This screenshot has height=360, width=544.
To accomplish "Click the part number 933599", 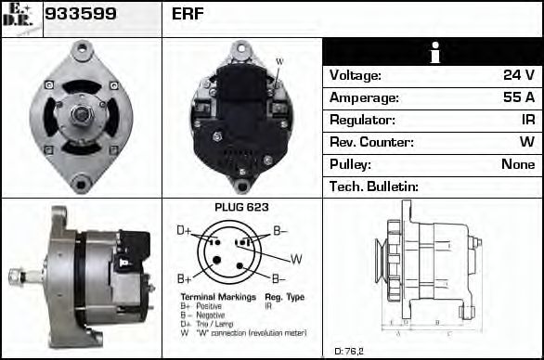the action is coord(81,14).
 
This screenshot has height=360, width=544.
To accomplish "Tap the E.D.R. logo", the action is coord(19,16).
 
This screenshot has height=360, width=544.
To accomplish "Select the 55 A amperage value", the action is coord(517,97).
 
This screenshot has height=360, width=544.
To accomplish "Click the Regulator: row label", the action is coord(362,120).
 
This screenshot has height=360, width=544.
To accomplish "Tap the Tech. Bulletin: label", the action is coord(373,186).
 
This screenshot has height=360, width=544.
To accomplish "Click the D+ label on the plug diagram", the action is coord(184,229).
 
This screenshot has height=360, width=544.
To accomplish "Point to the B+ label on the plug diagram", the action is coord(184,277).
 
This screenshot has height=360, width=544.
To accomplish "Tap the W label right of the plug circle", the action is coord(296,257).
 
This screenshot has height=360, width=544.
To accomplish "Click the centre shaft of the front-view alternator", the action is coord(81,114).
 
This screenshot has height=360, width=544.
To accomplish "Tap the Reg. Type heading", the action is coord(283,296).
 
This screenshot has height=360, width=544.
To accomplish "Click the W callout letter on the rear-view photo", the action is coord(279,62).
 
